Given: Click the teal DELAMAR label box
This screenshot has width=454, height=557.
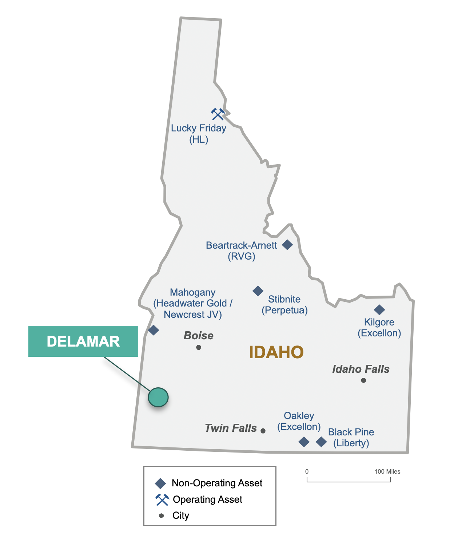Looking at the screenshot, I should click(x=83, y=341).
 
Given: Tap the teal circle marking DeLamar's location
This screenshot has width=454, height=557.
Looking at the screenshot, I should click(x=158, y=397).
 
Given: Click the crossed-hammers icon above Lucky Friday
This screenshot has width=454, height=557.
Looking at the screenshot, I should click(x=218, y=114).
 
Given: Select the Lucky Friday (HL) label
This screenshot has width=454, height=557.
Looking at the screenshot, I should click(x=199, y=134).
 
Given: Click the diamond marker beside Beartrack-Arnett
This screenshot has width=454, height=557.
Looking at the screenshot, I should click(x=287, y=245).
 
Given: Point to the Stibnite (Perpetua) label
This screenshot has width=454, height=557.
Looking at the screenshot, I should click(x=284, y=305).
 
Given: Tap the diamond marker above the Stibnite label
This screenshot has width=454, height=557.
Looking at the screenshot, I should click(x=258, y=291).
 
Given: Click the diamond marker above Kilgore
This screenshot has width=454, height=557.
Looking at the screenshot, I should click(x=379, y=310).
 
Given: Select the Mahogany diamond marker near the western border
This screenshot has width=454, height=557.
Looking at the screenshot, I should click(x=154, y=330).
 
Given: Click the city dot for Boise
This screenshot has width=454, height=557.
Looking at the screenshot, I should click(x=199, y=347).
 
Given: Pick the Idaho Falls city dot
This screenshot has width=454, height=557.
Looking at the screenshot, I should click(x=363, y=380).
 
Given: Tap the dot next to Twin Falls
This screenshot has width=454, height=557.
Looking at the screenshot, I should click(x=263, y=431).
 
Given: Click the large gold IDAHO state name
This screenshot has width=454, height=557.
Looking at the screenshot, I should click(x=276, y=352).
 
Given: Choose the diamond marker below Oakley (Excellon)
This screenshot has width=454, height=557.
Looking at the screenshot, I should click(x=304, y=442).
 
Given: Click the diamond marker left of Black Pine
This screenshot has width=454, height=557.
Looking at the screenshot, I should click(x=321, y=442).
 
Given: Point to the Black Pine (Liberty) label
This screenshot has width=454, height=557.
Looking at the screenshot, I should click(x=351, y=438).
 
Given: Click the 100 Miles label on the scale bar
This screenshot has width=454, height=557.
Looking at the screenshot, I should click(x=387, y=471).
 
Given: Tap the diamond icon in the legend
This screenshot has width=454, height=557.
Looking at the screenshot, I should click(x=160, y=483).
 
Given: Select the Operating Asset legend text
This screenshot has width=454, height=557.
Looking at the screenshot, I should click(x=207, y=499).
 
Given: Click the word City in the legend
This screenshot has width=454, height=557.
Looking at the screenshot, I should click(x=181, y=515).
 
